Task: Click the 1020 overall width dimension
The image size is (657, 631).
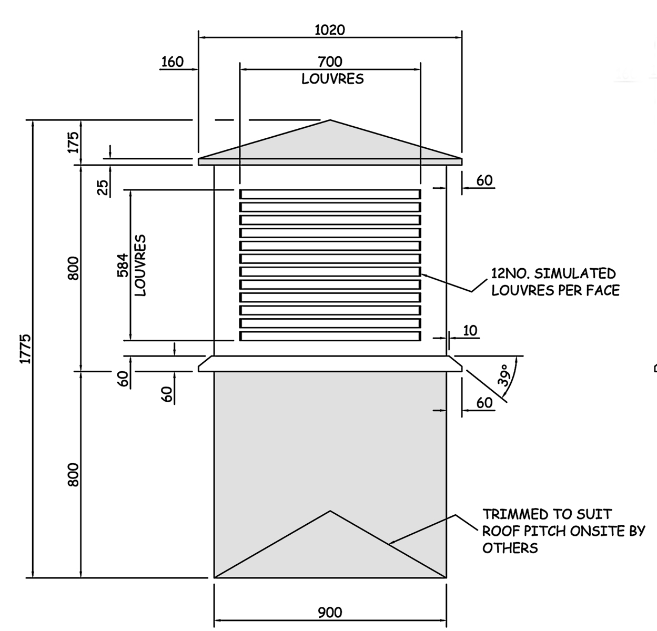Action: coord(330,30)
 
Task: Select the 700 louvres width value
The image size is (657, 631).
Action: coord(330,62)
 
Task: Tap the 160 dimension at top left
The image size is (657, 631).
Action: coord(172,62)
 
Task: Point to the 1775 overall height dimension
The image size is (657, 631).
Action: coord(25,349)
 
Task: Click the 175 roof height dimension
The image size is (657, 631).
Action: coord(73,142)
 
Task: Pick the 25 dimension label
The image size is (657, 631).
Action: coord(103,187)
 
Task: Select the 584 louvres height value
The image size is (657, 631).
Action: coord(123,266)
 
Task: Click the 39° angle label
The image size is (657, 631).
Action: coord(505,375)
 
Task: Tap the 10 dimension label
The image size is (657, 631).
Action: coord(470,331)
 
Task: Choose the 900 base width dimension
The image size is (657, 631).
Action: coord(330,613)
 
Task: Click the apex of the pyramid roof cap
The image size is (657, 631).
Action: coord(330,120)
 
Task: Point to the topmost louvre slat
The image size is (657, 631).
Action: coord(330,194)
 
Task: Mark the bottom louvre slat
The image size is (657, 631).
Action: coord(330,336)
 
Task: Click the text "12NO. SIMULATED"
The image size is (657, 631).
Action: coord(553,273)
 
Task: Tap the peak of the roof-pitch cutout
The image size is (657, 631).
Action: coord(330,511)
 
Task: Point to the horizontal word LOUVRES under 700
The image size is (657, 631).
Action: coord(332,79)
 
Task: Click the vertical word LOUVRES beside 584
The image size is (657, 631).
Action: coord(140,266)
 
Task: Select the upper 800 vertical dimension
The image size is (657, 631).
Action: coord(73,268)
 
